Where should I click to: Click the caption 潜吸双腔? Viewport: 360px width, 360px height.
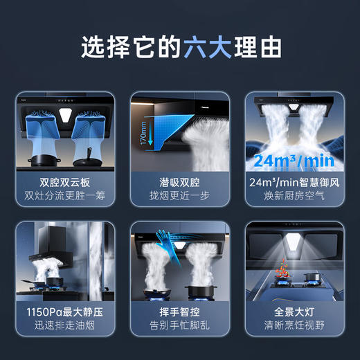click(180, 182)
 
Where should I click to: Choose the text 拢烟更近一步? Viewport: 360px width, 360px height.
click(180, 196)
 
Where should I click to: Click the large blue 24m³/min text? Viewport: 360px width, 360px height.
click(294, 161)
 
